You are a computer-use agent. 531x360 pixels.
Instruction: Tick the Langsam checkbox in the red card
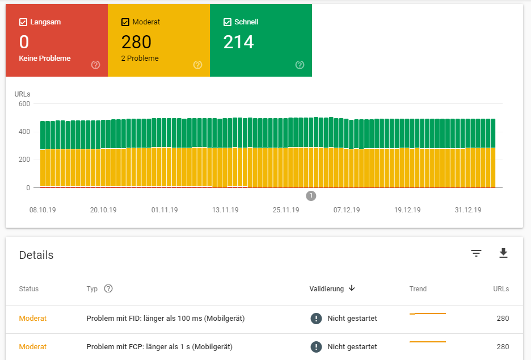[23, 22]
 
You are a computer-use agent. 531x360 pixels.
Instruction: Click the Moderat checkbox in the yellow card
[125, 22]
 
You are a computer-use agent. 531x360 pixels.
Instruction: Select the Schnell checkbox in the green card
[227, 22]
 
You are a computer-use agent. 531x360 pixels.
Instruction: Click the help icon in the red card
[95, 65]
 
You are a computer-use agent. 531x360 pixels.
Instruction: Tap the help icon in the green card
[300, 65]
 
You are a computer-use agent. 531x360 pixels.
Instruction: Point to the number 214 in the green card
[238, 42]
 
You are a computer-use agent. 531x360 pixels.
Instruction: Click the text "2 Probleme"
[140, 58]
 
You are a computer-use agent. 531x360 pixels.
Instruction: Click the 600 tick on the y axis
[24, 104]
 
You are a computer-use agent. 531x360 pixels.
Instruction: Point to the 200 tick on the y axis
[24, 160]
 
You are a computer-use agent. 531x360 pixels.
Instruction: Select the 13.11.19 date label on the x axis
[225, 210]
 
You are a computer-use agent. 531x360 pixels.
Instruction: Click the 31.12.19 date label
[468, 210]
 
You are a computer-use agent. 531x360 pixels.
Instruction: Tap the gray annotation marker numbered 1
[311, 195]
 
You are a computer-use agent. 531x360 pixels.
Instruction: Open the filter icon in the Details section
[476, 253]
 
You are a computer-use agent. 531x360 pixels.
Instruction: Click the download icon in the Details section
[503, 253]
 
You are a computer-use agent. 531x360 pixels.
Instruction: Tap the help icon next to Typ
[108, 288]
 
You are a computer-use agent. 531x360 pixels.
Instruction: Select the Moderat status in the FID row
[32, 319]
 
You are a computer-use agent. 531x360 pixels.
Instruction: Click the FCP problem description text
[159, 347]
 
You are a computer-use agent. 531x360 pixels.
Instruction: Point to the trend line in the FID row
[428, 313]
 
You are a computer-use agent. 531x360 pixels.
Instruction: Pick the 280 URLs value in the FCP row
[503, 347]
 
